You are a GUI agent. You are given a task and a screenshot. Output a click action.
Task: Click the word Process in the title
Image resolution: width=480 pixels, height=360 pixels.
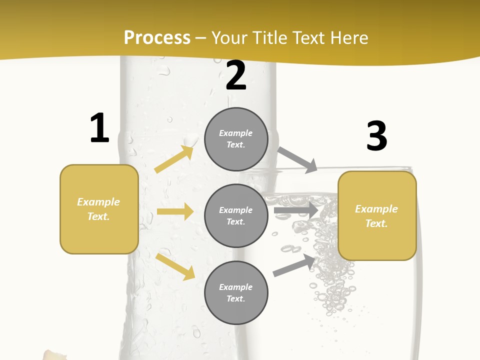tap(157, 38)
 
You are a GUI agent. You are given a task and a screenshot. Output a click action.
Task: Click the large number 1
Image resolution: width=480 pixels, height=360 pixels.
tap(99, 128)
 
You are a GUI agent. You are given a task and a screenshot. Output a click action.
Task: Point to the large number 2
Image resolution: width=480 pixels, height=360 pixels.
tap(236, 75)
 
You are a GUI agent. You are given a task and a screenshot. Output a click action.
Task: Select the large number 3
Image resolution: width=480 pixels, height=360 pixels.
tap(376, 136)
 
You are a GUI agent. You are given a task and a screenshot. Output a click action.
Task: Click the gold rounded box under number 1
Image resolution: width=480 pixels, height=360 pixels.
tap(99, 209)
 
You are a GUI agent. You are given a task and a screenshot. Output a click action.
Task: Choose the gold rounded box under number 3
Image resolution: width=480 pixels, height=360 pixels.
tap(377, 215)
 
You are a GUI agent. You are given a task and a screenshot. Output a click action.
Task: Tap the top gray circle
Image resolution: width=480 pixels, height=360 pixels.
tap(236, 139)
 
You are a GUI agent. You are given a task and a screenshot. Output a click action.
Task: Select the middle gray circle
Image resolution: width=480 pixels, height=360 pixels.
tap(236, 215)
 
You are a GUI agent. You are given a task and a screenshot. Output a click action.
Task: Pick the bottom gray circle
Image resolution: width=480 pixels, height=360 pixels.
tap(236, 292)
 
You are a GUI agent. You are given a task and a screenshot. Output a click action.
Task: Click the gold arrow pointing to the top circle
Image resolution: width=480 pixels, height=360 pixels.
tap(174, 159)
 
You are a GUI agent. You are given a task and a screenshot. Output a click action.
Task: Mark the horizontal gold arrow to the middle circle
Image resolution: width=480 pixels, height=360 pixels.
tap(174, 211)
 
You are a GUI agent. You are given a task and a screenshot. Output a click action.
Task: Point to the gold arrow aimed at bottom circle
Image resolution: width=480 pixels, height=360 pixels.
tap(175, 266)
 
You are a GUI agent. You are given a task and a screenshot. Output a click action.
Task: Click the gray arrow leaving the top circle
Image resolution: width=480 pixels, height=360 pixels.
tap(297, 159)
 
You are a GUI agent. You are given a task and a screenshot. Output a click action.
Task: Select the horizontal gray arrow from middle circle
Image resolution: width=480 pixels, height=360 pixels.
tap(296, 210)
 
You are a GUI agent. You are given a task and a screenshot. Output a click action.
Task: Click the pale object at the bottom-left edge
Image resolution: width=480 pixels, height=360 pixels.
tap(53, 354)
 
